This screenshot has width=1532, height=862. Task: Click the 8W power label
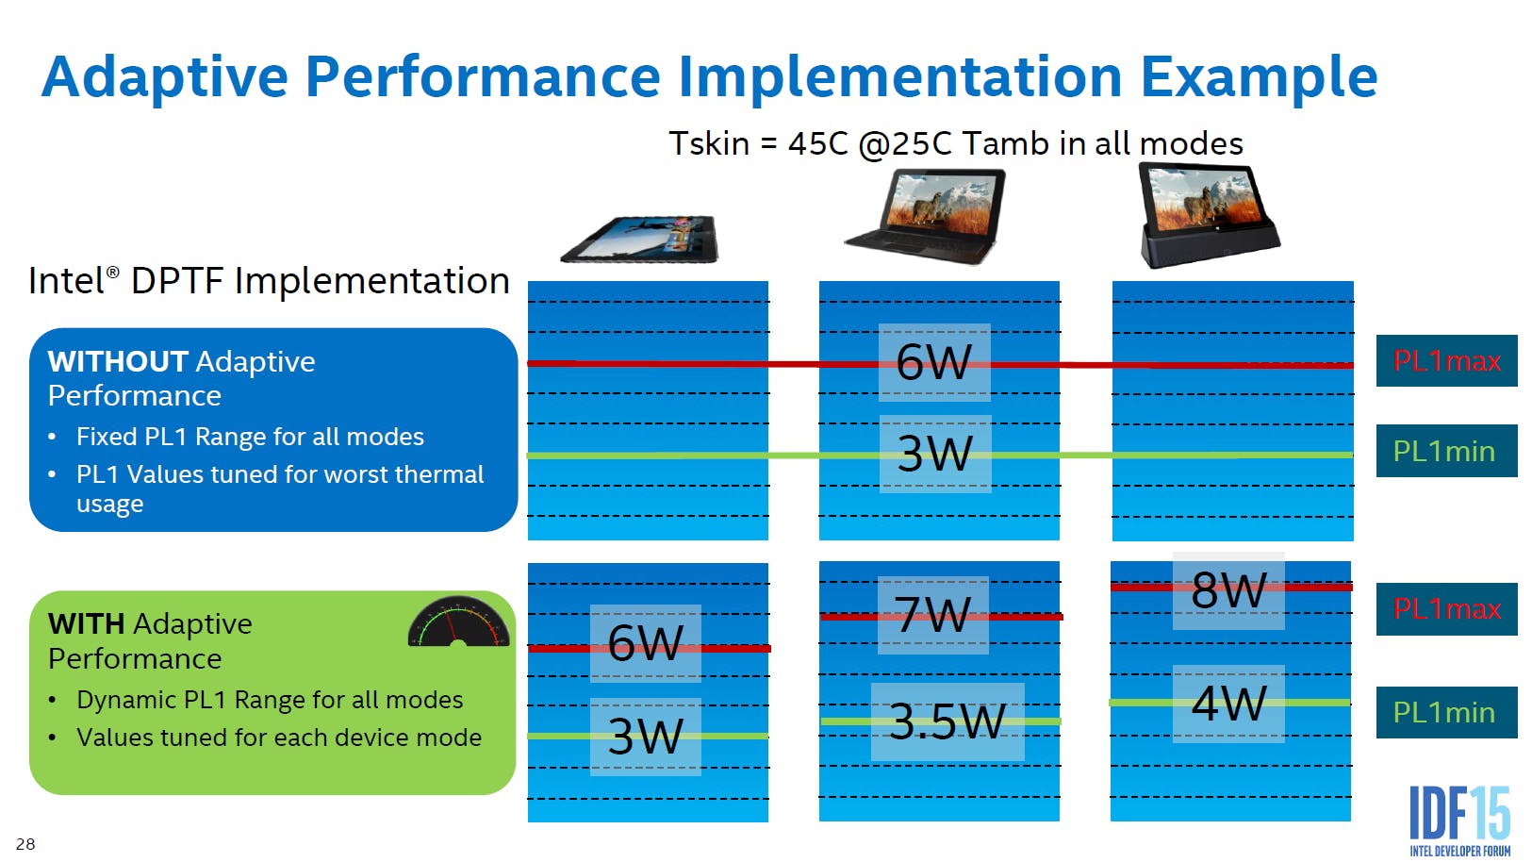click(1228, 590)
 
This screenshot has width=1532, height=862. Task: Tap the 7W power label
click(933, 614)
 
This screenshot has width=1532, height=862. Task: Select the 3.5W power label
click(947, 721)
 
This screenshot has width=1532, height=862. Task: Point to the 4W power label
click(1228, 704)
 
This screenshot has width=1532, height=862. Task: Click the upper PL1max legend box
click(1446, 360)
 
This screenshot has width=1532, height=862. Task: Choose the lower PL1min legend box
click(1446, 712)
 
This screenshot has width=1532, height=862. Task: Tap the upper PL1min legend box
click(1446, 451)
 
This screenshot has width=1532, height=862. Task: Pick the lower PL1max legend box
click(1446, 609)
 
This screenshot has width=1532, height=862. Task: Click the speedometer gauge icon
click(458, 622)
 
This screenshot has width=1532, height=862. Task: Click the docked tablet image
click(1208, 215)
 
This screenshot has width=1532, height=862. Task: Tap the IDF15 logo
click(1460, 821)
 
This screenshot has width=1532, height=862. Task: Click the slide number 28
click(25, 844)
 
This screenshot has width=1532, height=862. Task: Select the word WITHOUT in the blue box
click(118, 361)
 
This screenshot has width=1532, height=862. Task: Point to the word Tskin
click(709, 143)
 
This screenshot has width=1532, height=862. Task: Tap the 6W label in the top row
click(934, 362)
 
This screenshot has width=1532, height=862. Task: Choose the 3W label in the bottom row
click(645, 737)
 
